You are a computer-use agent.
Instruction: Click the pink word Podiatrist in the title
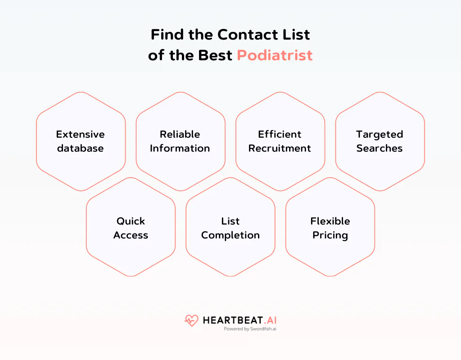(x=275, y=55)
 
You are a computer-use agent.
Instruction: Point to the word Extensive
(x=80, y=134)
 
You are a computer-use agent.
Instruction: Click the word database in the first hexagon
(x=80, y=148)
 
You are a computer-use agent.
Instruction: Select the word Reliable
(x=180, y=134)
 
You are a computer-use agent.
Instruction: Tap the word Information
(x=180, y=148)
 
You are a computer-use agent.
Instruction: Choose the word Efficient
(x=280, y=134)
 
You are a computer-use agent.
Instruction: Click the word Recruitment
(x=280, y=148)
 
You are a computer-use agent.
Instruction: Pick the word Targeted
(x=380, y=134)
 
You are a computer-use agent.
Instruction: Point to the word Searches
(x=380, y=148)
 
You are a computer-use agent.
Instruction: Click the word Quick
(x=131, y=221)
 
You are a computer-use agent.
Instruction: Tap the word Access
(x=131, y=235)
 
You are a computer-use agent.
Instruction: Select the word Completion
(x=230, y=235)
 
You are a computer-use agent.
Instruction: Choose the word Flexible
(x=330, y=221)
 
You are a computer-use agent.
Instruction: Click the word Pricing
(x=330, y=235)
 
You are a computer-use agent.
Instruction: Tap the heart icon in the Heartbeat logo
(x=191, y=320)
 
